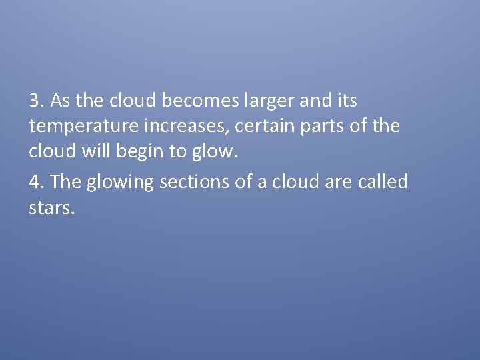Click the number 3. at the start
coord(37,101)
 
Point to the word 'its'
coord(347,101)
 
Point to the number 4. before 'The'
coord(37,181)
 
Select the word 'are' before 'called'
coord(338,181)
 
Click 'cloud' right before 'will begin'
coord(53,151)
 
